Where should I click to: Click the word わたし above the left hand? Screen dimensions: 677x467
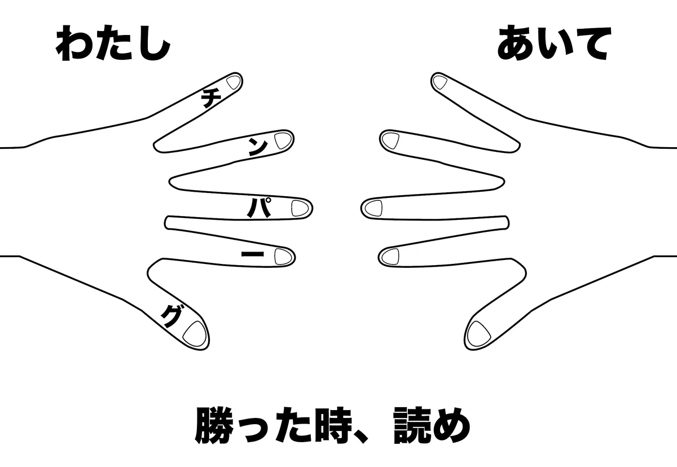(113, 43)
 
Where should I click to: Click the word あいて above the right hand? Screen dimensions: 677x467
(554, 43)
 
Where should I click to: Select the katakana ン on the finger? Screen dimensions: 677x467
(258, 148)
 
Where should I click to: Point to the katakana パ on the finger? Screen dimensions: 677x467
(259, 207)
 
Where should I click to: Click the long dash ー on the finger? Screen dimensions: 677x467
(252, 254)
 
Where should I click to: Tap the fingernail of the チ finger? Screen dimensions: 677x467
(234, 82)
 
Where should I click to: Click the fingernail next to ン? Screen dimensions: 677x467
(283, 141)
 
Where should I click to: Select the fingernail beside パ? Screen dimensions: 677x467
(300, 208)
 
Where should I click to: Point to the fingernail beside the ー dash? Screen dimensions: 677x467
(283, 257)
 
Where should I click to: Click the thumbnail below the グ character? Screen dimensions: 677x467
(195, 334)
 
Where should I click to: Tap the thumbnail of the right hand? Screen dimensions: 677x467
(479, 334)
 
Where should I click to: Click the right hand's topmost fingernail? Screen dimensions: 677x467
(440, 82)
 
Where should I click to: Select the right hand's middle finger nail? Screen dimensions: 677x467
(373, 208)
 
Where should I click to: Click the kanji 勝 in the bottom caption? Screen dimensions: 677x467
(214, 425)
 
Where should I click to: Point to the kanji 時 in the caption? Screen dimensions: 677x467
(333, 425)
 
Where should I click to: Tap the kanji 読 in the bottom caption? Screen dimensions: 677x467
(412, 425)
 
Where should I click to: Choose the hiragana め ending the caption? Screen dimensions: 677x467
(451, 426)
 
